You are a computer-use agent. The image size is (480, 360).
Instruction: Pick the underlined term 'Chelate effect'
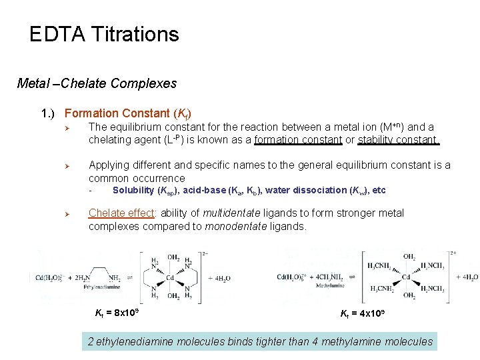pyautogui.click(x=122, y=213)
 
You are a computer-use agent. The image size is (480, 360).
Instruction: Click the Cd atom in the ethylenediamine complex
pyautogui.click(x=171, y=277)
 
